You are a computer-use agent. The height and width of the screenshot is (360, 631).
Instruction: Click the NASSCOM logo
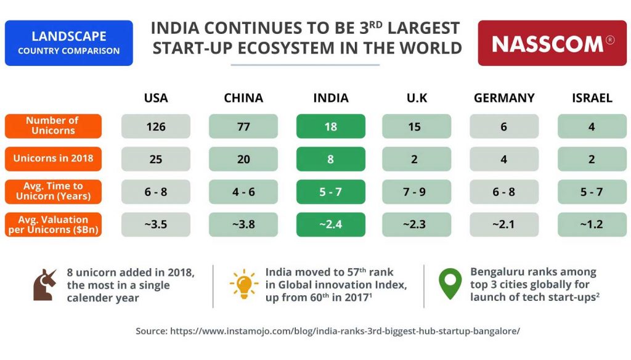[x=552, y=43]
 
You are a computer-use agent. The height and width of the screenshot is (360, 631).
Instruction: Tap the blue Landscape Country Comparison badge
[x=69, y=43]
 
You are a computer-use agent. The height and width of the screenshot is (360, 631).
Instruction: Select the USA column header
[x=156, y=98]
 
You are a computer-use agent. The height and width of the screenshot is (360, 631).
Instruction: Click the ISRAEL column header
[x=592, y=98]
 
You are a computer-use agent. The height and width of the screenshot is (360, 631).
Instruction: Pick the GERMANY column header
[x=504, y=98]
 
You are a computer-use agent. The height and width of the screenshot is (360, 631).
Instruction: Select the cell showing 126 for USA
[x=156, y=126]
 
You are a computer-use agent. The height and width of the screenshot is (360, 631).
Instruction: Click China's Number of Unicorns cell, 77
[x=243, y=126]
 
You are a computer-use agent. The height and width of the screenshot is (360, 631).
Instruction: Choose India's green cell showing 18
[x=331, y=126]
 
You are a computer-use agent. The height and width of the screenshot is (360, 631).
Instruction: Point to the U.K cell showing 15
[x=417, y=126]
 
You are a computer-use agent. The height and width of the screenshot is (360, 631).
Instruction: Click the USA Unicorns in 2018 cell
[x=156, y=159]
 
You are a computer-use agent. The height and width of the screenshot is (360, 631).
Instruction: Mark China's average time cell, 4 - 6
[x=243, y=192]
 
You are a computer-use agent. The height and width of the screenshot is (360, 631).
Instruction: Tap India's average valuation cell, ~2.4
[x=331, y=224]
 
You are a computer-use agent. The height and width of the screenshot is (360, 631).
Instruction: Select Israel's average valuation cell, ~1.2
[x=592, y=224]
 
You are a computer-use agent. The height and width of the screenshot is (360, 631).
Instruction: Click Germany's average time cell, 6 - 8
[x=504, y=192]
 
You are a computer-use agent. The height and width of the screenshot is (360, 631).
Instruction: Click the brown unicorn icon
[x=44, y=285]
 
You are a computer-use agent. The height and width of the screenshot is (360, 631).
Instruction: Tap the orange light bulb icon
[x=244, y=284]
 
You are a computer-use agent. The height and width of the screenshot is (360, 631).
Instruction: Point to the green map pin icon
[x=449, y=284]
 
